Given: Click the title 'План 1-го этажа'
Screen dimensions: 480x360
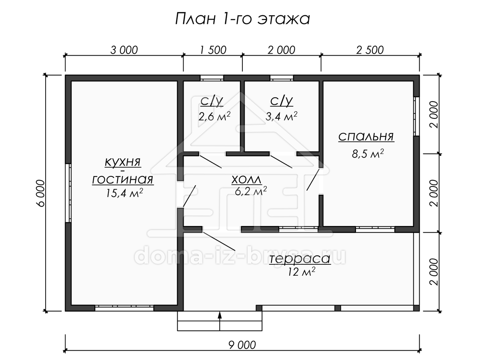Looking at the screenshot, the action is click(242, 19).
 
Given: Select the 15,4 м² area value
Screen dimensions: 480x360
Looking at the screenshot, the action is click(124, 193).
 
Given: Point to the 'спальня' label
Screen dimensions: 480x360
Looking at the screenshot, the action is click(366, 137).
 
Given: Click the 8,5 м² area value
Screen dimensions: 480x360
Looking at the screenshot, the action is click(368, 154).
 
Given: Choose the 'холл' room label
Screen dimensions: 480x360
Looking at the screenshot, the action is click(246, 180).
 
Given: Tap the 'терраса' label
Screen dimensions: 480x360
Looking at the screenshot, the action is click(300, 259).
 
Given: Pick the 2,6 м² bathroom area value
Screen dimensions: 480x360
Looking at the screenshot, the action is click(214, 116).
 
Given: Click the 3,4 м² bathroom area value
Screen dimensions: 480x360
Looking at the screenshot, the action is click(281, 116).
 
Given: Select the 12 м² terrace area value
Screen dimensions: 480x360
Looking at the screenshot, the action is click(302, 272).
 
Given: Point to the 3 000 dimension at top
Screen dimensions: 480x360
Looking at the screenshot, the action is click(124, 50).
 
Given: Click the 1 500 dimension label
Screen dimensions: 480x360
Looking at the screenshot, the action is click(213, 50).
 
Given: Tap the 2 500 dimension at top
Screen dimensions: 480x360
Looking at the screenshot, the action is click(370, 50).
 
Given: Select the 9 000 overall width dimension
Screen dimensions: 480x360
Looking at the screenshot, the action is click(242, 345).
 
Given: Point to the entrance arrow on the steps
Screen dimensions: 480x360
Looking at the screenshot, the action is click(220, 321).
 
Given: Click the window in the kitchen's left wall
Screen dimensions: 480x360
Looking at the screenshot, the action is click(68, 193).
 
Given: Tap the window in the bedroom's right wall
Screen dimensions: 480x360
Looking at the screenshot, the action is click(416, 116).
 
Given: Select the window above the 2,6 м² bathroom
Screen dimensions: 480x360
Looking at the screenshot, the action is click(212, 78).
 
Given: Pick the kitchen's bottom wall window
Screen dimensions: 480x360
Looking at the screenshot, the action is click(124, 308).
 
